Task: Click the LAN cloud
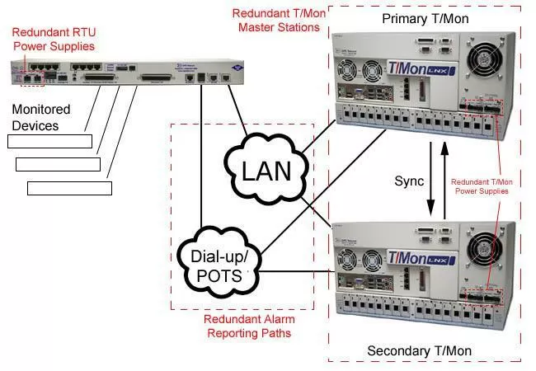tap(266, 171)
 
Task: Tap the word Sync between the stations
tap(409, 179)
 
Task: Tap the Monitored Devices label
tap(41, 117)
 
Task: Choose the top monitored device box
tap(49, 141)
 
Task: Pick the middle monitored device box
tap(58, 164)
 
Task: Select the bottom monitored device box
tap(69, 188)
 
